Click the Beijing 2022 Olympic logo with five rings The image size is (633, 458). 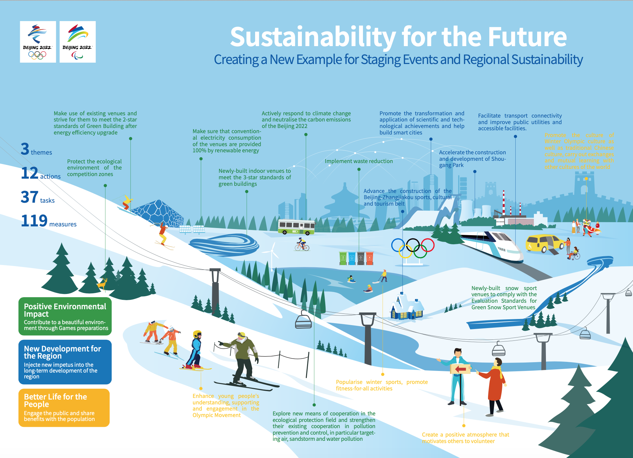click(x=38, y=42)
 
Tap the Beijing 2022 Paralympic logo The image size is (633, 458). click(x=78, y=42)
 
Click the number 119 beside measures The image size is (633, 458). click(x=34, y=221)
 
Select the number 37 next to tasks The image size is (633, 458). click(x=30, y=197)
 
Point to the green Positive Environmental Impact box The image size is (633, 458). click(x=65, y=316)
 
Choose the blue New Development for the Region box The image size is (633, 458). click(x=65, y=362)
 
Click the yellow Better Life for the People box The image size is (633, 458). click(x=64, y=408)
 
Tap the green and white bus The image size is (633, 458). click(x=296, y=227)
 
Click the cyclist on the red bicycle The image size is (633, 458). click(x=302, y=245)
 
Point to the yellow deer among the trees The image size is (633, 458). click(x=103, y=284)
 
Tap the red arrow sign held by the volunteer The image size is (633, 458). click(x=460, y=369)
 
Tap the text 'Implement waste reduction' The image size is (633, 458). click(x=359, y=161)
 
